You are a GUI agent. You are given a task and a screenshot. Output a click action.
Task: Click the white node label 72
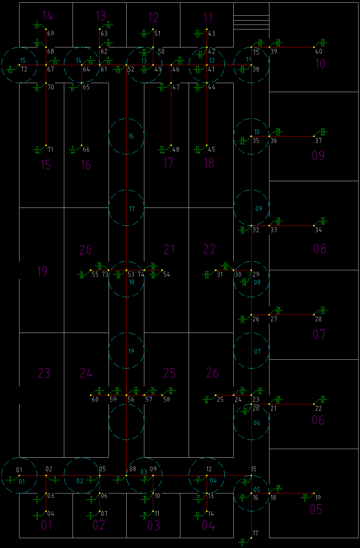tap(24, 69)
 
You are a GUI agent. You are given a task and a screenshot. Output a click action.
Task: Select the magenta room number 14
tap(47, 16)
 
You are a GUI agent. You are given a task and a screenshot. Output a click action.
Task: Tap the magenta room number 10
tap(320, 64)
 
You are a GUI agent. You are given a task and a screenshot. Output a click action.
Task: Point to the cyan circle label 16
tap(131, 136)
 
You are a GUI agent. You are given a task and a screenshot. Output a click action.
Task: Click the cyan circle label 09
tap(259, 208)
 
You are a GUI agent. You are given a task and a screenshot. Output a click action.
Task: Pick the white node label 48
tap(176, 149)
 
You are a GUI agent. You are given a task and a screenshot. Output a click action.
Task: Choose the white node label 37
tap(318, 140)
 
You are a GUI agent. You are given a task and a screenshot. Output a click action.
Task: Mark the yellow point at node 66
tap(82, 145)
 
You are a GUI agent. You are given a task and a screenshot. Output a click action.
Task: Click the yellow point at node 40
tap(314, 47)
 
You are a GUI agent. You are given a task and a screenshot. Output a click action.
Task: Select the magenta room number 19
tap(42, 271)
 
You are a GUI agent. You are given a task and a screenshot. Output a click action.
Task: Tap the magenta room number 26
tap(212, 373)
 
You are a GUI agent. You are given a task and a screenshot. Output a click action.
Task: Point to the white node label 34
tap(318, 230)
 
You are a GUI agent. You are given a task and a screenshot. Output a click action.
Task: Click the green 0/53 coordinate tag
tap(10, 70)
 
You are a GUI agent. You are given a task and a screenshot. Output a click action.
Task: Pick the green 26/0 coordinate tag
tap(242, 542)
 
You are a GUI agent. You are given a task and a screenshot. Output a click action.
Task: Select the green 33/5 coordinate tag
tap(304, 498)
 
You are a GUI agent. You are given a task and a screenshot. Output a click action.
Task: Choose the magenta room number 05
tap(316, 509)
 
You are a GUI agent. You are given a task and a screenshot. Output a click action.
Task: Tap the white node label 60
tap(95, 399)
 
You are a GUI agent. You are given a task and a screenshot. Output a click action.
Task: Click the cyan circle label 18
tap(131, 282)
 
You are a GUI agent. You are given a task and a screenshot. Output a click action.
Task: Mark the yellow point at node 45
tap(207, 145)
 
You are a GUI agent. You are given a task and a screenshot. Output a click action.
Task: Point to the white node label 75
tap(256, 52)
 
